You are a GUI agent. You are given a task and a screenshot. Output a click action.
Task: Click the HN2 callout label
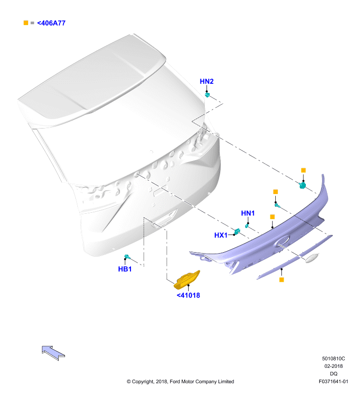206,81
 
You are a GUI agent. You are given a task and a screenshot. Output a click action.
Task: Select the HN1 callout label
248,213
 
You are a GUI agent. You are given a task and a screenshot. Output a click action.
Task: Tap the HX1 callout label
221,235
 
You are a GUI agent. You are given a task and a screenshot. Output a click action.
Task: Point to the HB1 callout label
125,269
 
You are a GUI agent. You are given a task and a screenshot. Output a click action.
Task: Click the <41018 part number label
189,295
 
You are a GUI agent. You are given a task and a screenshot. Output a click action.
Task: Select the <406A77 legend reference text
51,23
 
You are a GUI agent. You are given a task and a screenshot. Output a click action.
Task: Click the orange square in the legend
26,23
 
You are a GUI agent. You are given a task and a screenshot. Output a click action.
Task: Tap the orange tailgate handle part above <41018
187,280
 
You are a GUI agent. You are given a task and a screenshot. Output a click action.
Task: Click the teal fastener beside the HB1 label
127,257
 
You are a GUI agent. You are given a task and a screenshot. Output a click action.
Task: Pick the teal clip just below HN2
207,95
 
